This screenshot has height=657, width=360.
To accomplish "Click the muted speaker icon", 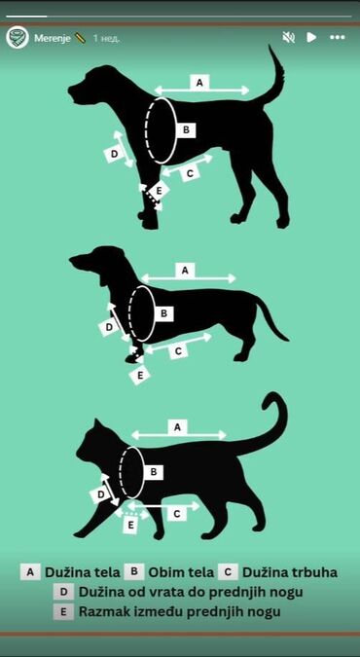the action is (288, 38).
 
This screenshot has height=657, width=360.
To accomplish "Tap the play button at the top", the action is (311, 38).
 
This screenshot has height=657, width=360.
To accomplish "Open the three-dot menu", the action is (338, 38).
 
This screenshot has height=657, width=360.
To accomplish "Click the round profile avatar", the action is (18, 38).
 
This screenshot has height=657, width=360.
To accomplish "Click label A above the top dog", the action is (199, 83).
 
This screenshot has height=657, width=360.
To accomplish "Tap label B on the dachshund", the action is (164, 312).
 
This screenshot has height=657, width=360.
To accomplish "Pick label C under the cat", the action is (177, 513).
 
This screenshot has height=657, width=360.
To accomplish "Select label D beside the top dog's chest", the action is (114, 154).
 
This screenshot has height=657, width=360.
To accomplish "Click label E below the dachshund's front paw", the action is (140, 375).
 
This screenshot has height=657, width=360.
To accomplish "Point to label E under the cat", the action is (131, 525).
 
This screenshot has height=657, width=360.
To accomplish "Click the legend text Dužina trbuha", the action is (290, 572).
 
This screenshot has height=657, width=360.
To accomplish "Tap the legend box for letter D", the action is (63, 592).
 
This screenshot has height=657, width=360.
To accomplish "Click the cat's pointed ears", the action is (99, 424).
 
